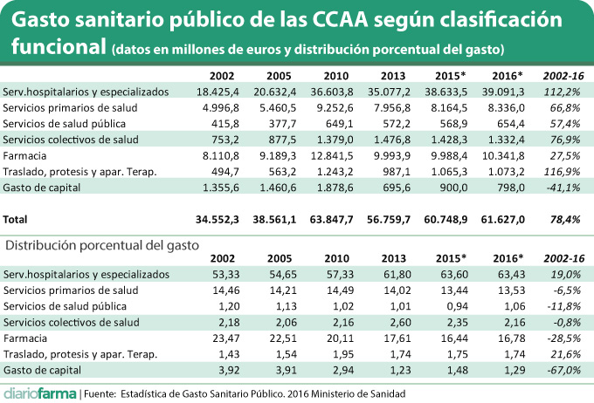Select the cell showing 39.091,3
point(506,91)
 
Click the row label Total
point(17,221)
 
